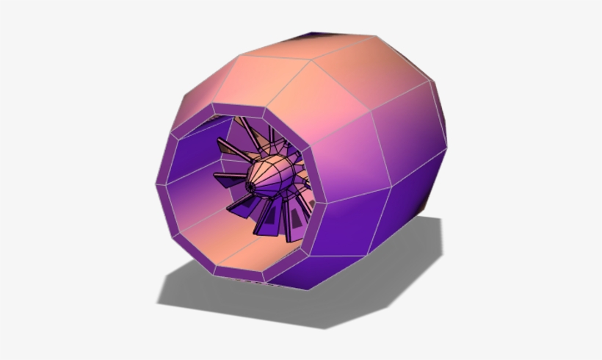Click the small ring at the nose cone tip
(x=250, y=188)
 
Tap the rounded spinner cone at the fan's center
(x=273, y=176)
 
